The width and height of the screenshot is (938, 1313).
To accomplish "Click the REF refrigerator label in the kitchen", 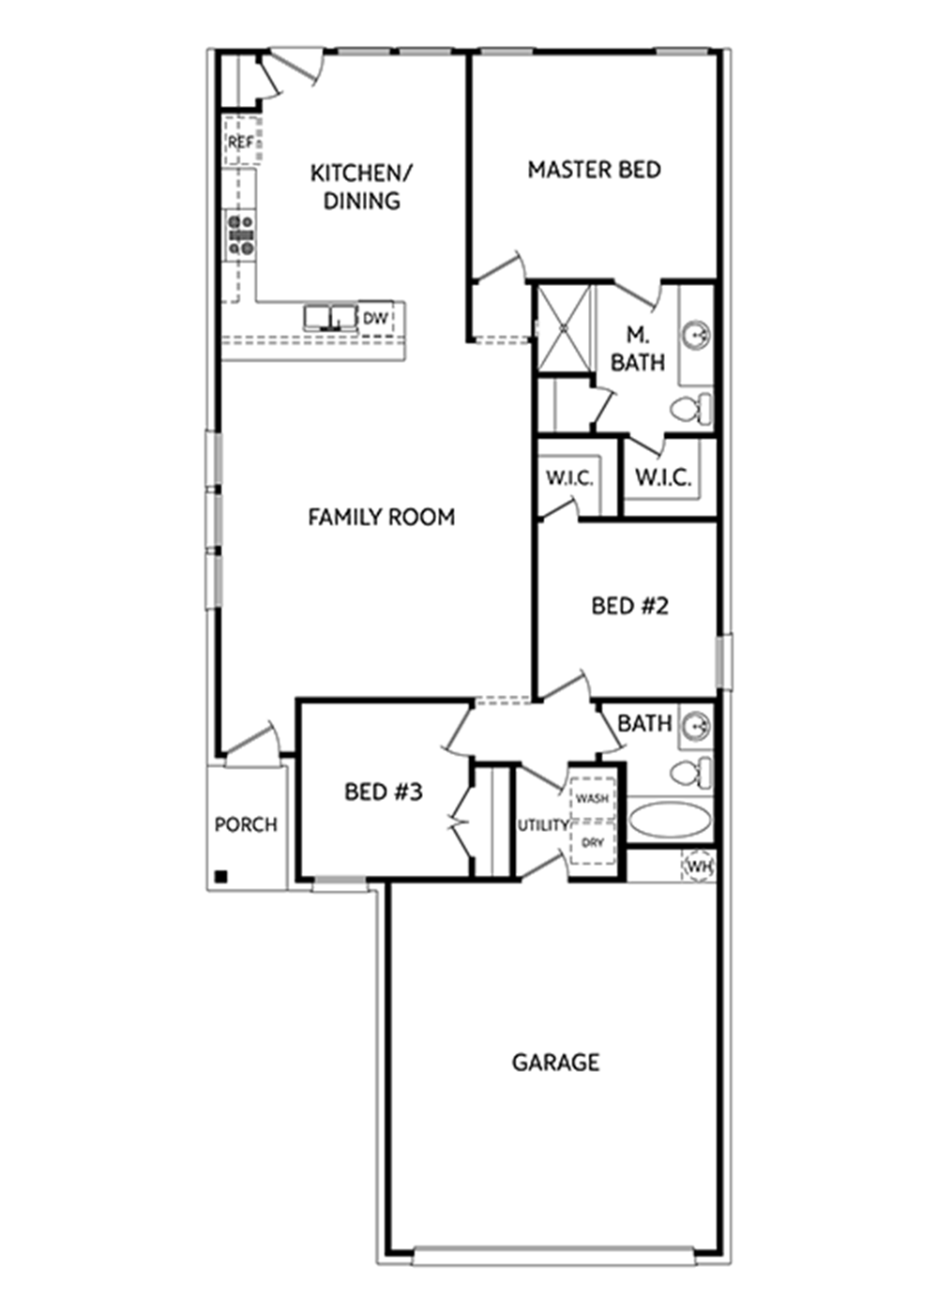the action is point(240,142).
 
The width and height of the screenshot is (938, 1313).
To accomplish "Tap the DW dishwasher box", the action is point(375,319).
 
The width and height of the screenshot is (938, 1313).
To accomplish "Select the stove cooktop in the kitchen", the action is point(242,234).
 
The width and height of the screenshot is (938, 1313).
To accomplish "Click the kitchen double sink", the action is point(330,318).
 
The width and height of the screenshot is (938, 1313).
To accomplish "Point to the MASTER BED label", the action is point(594,170).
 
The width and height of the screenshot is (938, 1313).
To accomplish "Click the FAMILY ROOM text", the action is point(381,517).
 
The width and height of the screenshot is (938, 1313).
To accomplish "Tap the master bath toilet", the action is point(690,407).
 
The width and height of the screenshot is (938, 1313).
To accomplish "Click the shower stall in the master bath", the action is point(564,327).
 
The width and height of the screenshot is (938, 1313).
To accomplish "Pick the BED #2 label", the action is point(629,606).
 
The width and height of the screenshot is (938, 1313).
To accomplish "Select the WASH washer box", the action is point(592,798).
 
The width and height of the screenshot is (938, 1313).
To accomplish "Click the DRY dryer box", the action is point(592,842).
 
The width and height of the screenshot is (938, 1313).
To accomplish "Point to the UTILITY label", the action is point(542,825).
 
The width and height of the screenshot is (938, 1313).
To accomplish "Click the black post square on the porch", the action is point(221,877).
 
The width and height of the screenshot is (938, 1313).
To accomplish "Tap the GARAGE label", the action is point(555,1062).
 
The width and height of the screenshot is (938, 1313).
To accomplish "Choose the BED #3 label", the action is point(384,792).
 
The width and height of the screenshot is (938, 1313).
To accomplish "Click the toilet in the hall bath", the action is point(690,773).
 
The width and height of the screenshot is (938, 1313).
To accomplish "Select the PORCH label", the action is point(246,824).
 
